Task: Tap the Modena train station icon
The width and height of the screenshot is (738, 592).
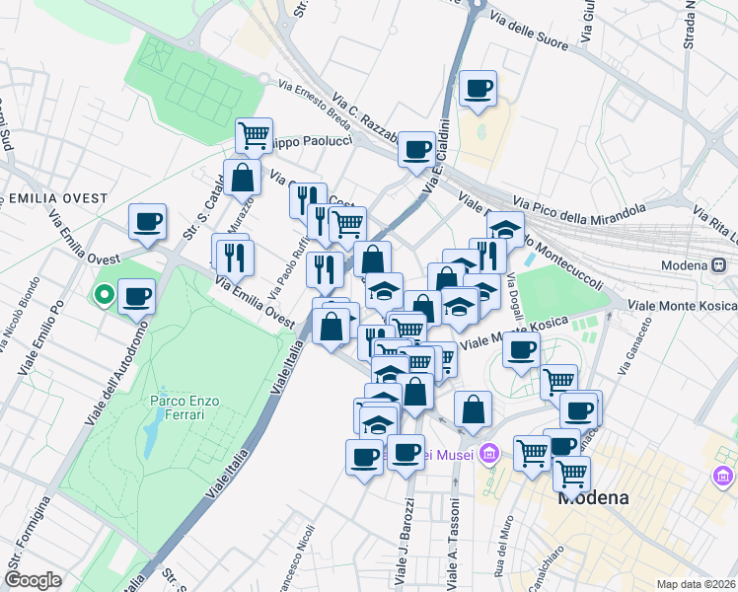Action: (719, 265)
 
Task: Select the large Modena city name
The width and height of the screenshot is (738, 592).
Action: (593, 497)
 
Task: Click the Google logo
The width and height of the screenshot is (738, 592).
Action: (33, 580)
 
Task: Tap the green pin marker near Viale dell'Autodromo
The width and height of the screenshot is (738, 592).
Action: (103, 293)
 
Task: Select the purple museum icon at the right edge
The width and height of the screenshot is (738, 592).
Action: (724, 478)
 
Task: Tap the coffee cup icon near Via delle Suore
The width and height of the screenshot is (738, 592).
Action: (478, 89)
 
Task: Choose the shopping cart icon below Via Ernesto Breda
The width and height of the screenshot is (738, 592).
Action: (255, 134)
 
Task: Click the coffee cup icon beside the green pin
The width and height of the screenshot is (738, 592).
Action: (137, 295)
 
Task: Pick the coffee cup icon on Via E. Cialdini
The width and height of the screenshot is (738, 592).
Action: (417, 149)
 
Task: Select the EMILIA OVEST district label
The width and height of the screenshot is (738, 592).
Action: (57, 198)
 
